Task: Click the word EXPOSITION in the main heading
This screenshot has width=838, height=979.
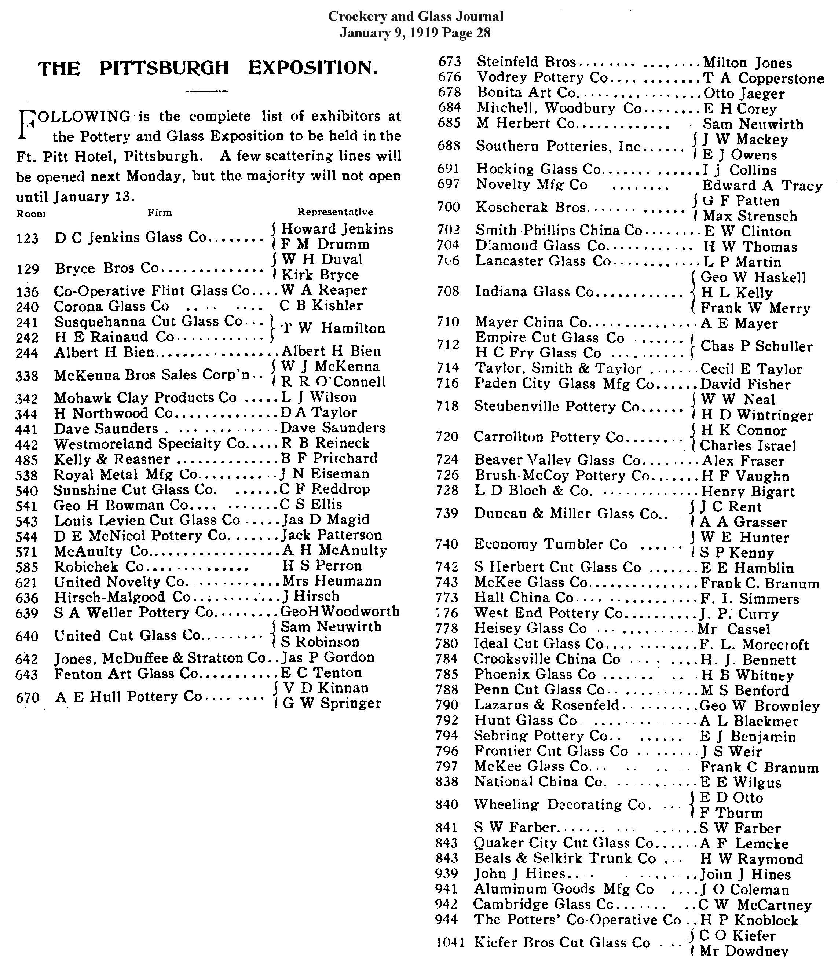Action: click(x=313, y=69)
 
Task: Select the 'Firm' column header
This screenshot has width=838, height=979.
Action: click(x=160, y=213)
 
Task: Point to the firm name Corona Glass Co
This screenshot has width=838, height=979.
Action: click(x=111, y=306)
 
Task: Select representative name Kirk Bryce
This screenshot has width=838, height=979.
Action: click(x=320, y=275)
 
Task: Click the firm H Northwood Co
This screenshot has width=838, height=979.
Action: click(x=114, y=414)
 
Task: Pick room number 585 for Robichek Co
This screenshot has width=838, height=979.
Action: click(x=27, y=567)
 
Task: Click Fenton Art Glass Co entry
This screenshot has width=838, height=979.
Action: click(x=125, y=673)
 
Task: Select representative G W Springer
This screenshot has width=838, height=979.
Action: click(x=331, y=704)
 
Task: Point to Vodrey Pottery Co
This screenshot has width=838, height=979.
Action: click(x=542, y=77)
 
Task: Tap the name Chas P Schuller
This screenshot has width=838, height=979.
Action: click(x=756, y=346)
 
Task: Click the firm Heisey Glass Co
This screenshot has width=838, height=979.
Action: click(x=530, y=628)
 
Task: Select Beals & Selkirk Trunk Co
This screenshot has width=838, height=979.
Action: click(x=565, y=858)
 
